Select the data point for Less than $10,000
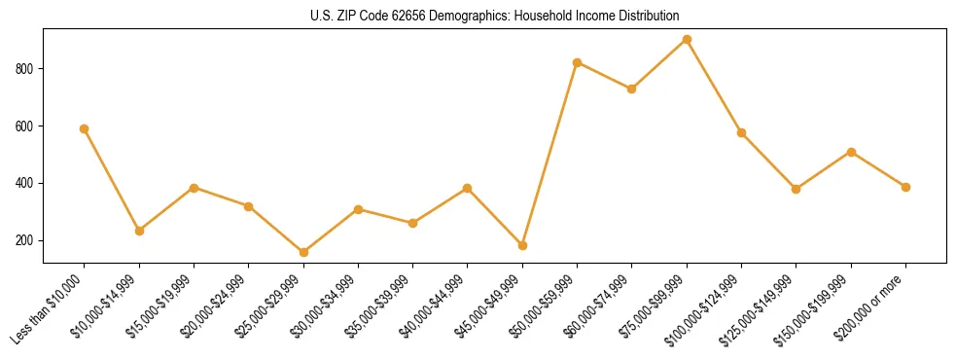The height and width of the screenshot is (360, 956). coord(85,128)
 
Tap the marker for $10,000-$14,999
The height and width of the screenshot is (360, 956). coord(139,231)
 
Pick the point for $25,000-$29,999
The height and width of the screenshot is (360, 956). coord(249,252)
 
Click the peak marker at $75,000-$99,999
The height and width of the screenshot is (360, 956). coord(687,39)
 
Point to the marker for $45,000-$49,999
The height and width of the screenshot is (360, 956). coord(522,245)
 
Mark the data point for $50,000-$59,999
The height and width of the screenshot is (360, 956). coord(578,62)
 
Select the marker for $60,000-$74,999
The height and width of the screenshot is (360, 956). coord(632,89)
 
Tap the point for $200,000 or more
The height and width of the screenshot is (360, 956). coord(905,187)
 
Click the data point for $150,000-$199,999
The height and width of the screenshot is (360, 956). coord(851,152)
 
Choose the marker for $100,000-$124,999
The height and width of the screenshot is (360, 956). coord(741,132)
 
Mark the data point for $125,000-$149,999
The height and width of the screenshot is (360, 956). coord(797,189)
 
